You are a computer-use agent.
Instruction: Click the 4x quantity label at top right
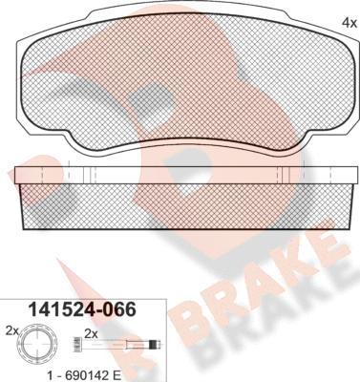(x=349, y=23)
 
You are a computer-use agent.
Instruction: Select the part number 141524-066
(x=82, y=309)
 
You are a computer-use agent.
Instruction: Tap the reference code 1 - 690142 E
(x=83, y=375)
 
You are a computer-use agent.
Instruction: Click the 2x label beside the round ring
(x=11, y=331)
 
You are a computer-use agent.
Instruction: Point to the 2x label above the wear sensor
(x=91, y=334)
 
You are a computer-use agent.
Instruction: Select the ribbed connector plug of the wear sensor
(x=76, y=344)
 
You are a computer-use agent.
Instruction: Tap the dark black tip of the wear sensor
(x=154, y=345)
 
